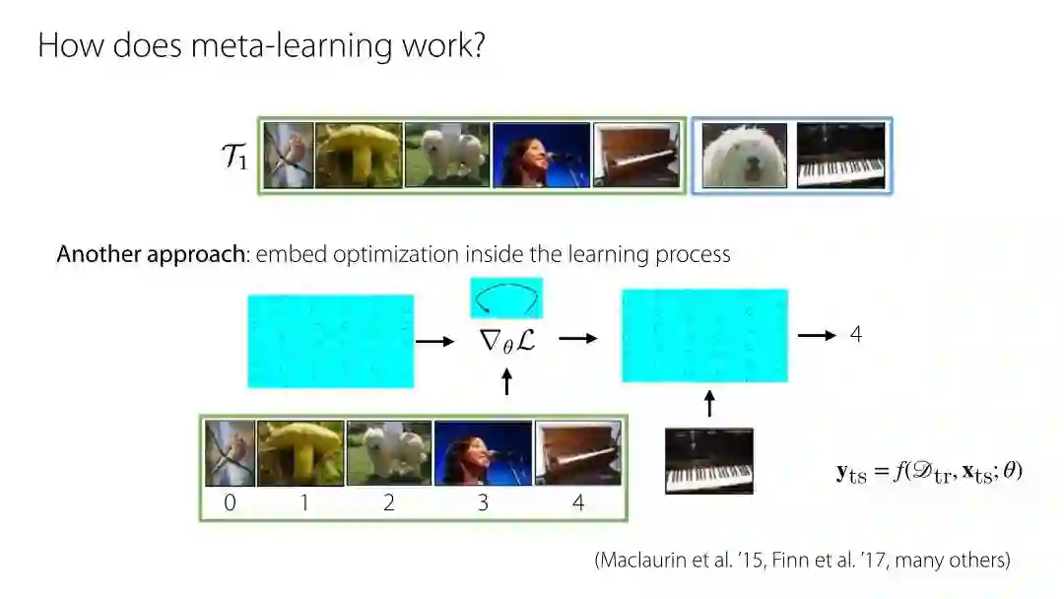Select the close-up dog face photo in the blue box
[x=744, y=155]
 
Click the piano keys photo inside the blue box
[x=840, y=155]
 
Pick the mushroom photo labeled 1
[x=300, y=453]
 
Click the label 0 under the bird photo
[x=230, y=503]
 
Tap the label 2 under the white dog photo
[x=389, y=503]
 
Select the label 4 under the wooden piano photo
[x=578, y=503]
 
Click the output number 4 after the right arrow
[x=855, y=335]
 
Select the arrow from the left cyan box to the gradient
[x=435, y=341]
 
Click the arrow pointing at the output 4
[x=817, y=336]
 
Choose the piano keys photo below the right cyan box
[x=709, y=460]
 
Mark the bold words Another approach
[x=150, y=254]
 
